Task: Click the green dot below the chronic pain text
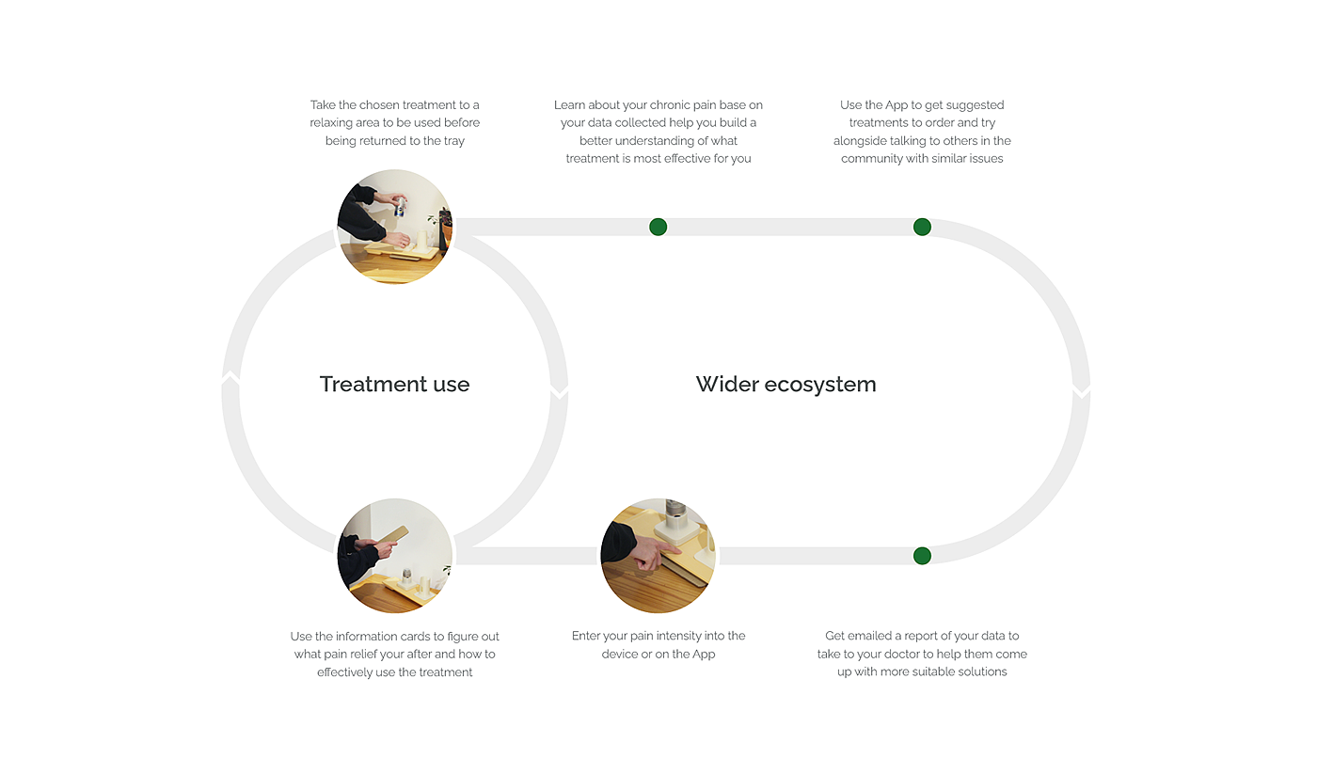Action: [x=658, y=227]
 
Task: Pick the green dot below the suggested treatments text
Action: [x=922, y=227]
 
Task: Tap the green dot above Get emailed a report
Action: [x=922, y=556]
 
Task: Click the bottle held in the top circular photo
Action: [x=401, y=207]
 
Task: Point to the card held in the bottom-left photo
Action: [x=392, y=535]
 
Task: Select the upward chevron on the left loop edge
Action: [x=230, y=378]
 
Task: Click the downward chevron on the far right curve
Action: [x=1081, y=390]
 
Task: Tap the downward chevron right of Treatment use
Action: [x=559, y=390]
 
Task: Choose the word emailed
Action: [x=869, y=636]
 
